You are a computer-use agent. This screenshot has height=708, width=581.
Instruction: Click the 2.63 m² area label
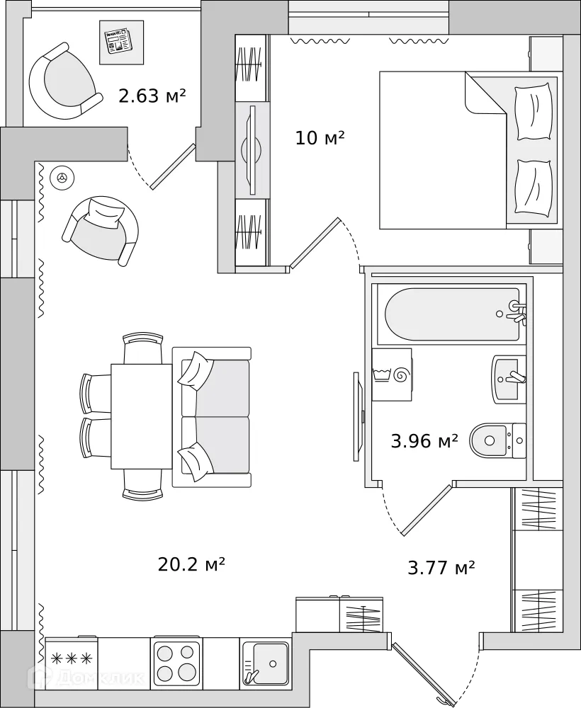[x=152, y=96]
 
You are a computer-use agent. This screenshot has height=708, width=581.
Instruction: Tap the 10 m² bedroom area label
[x=320, y=137]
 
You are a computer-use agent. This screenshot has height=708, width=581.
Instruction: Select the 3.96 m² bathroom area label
[x=424, y=442]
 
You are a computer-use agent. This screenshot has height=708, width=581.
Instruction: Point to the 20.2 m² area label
[x=191, y=564]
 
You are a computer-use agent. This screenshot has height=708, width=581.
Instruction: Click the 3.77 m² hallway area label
[x=441, y=567]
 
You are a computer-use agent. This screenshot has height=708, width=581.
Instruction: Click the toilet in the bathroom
[x=496, y=440]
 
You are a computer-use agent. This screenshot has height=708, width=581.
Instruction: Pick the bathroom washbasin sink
[x=509, y=378]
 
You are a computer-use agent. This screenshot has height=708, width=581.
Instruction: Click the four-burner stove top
[x=176, y=661]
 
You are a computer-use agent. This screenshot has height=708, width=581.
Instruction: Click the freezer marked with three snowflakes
[x=72, y=659]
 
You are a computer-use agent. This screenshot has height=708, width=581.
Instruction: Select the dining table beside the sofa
[x=142, y=416]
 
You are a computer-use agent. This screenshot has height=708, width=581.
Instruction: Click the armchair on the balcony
[x=62, y=81]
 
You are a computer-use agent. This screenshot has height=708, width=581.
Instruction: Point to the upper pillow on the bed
[x=534, y=112]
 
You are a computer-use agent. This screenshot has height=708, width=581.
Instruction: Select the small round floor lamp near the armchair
[x=62, y=178]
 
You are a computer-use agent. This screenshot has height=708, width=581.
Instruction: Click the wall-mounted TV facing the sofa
[x=356, y=416]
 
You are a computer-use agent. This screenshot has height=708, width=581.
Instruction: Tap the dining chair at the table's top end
[x=142, y=348]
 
